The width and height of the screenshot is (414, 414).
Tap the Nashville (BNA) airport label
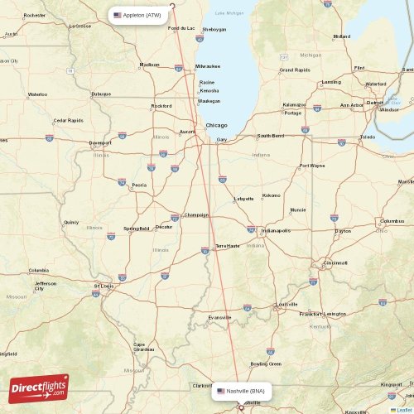[x=241, y=390]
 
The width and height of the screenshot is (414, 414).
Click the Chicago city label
[x=216, y=125]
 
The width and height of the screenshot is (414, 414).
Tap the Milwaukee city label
[x=208, y=65]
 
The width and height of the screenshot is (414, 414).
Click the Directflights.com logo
[x=39, y=388]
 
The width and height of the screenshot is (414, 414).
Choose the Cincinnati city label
[x=335, y=262]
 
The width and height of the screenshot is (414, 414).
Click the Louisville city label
[x=287, y=304]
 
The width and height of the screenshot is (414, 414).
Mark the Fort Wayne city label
[x=312, y=166]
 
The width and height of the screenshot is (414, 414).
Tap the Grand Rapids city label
[x=295, y=70]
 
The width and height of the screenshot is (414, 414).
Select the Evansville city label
[x=220, y=317]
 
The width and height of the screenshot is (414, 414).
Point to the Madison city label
[x=150, y=64]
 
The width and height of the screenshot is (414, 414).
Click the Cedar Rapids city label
[x=68, y=120]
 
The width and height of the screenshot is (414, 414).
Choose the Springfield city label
[x=137, y=228]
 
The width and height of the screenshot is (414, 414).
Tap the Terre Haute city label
[x=227, y=246]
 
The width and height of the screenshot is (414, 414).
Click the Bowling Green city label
[x=267, y=363]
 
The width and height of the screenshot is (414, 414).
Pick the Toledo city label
[x=368, y=137]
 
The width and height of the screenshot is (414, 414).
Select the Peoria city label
[x=139, y=185]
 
